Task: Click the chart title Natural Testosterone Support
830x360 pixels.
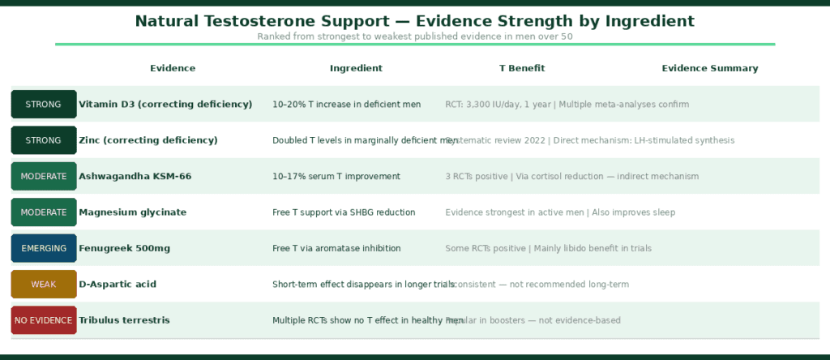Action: point(414,21)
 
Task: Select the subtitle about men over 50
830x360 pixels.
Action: point(414,36)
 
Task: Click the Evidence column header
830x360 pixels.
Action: point(173,69)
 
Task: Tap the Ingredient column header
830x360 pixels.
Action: point(356,69)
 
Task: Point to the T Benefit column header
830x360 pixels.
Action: point(522,69)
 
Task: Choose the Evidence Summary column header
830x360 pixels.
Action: point(710,69)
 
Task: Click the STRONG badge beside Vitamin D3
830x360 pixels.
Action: point(44,105)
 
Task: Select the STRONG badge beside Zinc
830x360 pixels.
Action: point(44,140)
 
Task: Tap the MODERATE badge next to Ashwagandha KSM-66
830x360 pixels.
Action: point(44,177)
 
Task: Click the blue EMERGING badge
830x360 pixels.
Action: point(44,248)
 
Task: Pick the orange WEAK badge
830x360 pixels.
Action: point(44,285)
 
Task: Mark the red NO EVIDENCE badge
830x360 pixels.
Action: point(44,320)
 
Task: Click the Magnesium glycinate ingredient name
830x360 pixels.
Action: point(132,212)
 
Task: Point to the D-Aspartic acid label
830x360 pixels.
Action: point(118,285)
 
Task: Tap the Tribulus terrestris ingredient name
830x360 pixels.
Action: point(124,320)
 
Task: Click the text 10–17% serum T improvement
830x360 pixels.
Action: point(336,177)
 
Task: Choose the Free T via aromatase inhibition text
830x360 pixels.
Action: point(336,248)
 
